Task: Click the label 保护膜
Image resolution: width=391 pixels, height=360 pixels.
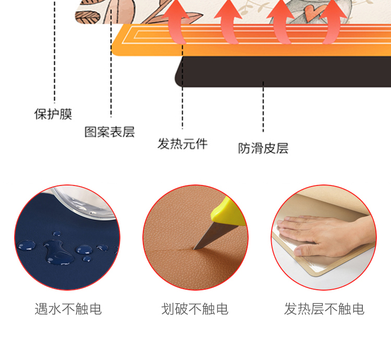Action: (53, 114)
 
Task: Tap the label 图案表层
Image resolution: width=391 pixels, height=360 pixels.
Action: (109, 132)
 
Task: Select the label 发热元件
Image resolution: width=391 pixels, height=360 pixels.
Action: (182, 144)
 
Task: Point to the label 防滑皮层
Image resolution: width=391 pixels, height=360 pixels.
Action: (263, 148)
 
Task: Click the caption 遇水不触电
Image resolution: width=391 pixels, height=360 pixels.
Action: (68, 309)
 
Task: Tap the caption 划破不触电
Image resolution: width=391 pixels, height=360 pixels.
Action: (195, 309)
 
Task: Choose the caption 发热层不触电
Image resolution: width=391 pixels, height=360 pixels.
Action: (324, 309)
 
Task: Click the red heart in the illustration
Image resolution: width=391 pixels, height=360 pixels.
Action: (312, 13)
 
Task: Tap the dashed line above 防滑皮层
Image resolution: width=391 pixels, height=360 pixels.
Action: (263, 107)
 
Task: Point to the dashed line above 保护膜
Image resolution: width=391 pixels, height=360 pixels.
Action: (55, 51)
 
